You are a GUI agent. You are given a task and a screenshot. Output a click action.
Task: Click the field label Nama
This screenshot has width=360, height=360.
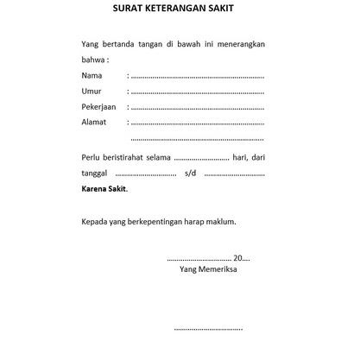click(92, 76)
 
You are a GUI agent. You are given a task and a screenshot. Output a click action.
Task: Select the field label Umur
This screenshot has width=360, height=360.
click(92, 92)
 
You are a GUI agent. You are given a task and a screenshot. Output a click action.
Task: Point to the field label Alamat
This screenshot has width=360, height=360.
click(94, 122)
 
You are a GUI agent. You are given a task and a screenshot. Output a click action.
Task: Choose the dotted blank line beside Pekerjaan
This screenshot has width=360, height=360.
click(198, 108)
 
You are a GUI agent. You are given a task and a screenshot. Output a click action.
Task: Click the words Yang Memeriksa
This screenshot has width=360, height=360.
click(209, 268)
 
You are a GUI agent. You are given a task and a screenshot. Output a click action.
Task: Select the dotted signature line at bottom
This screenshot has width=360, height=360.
click(208, 329)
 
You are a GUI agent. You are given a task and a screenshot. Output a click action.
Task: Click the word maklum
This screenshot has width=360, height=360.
click(220, 221)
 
